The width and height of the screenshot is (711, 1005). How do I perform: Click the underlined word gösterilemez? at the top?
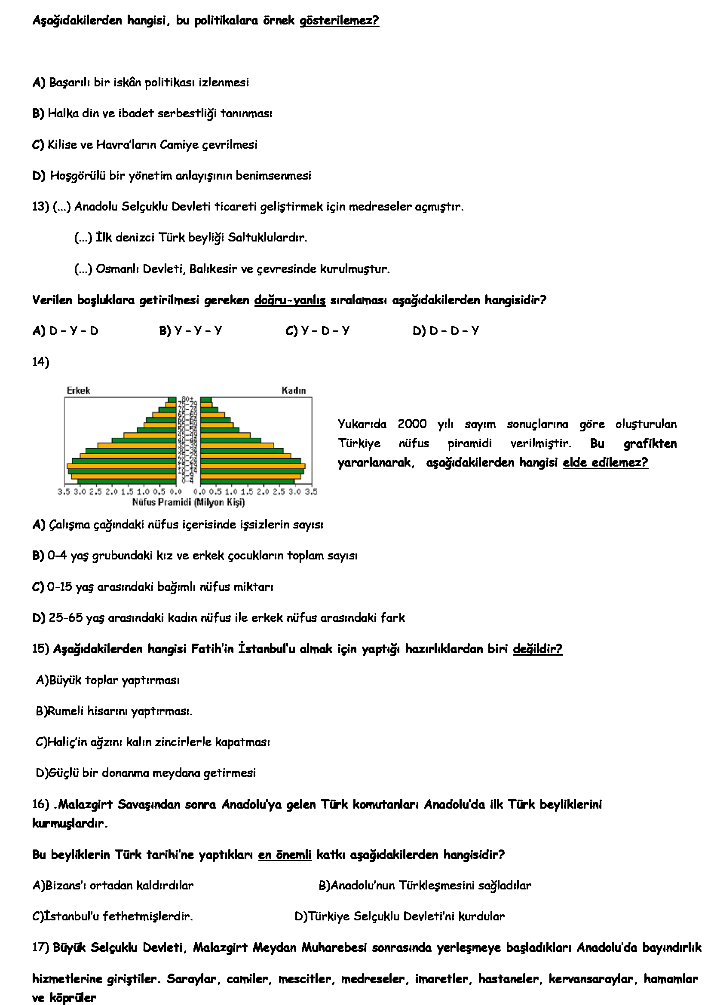click(x=339, y=21)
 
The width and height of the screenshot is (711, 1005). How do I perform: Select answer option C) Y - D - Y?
click(x=317, y=330)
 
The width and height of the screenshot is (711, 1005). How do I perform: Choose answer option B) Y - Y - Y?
click(x=190, y=330)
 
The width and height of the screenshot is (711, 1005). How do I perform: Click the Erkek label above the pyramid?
click(x=78, y=391)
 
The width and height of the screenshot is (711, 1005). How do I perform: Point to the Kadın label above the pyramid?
click(x=294, y=391)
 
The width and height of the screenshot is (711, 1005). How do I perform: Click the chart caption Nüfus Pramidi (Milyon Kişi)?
click(x=188, y=502)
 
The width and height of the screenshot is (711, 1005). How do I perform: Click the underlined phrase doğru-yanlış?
click(x=290, y=300)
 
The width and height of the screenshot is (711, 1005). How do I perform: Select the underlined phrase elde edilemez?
click(x=605, y=462)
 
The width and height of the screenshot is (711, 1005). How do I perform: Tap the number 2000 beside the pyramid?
click(x=412, y=424)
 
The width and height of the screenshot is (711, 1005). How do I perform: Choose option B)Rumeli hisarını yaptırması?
click(x=114, y=711)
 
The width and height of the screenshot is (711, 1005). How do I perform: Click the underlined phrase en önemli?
click(x=285, y=855)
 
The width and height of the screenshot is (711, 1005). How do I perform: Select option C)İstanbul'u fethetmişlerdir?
click(x=113, y=916)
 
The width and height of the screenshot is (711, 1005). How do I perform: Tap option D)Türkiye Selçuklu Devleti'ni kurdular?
click(x=399, y=916)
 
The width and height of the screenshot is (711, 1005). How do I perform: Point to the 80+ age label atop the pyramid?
click(x=187, y=399)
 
